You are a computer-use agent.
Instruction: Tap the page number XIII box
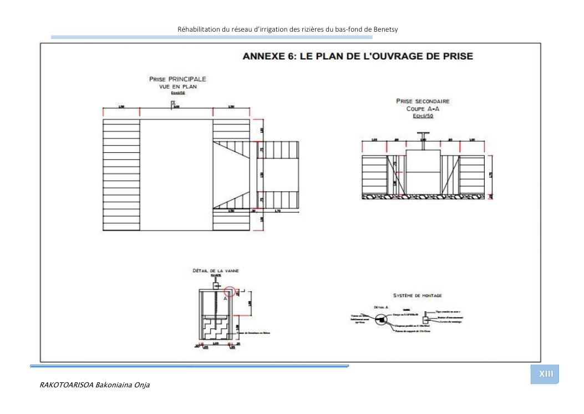tap(546, 374)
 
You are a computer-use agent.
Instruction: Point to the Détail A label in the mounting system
tap(383, 306)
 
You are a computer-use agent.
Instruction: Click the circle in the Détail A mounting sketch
tap(382, 320)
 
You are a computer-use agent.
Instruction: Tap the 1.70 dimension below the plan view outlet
tap(278, 212)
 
